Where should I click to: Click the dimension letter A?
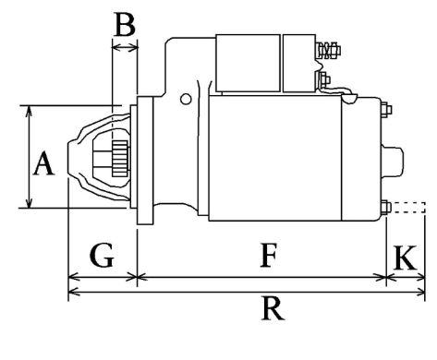(44, 163)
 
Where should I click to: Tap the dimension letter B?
(125, 24)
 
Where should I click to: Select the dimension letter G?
(103, 255)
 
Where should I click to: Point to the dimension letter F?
(269, 255)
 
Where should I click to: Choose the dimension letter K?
(405, 258)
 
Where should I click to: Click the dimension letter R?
(273, 308)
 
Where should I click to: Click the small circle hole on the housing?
(186, 99)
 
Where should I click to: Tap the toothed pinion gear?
(120, 159)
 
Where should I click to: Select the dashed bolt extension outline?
(408, 208)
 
